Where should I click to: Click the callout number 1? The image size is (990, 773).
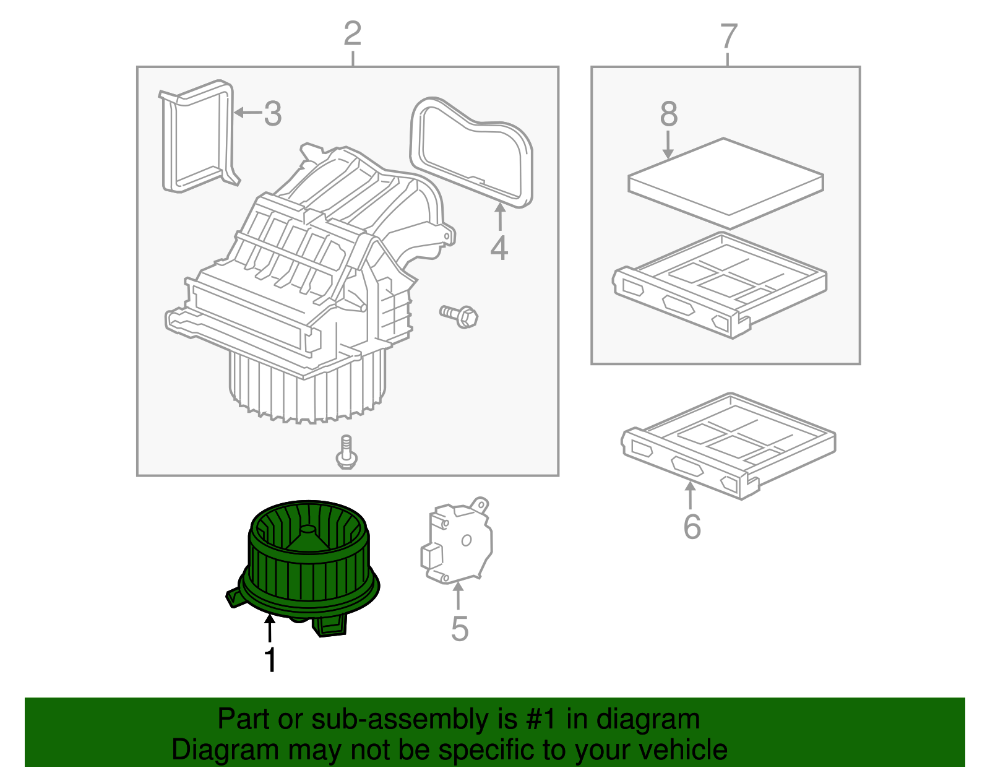coord(270,660)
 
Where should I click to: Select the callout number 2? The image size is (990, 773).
coord(352,34)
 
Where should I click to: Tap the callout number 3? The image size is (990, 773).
coord(273,114)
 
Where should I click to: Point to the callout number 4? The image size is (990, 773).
coord(499,248)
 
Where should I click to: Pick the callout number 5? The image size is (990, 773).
coord(459,629)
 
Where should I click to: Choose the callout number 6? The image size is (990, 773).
coord(692,527)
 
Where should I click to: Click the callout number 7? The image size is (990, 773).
coord(729,37)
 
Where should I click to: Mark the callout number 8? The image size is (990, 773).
coord(669,114)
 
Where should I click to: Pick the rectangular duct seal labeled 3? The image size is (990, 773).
coord(198,136)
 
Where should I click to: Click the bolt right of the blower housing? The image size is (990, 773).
coord(459,316)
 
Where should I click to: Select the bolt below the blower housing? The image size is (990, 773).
coord(346,452)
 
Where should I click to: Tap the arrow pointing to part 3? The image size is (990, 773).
coord(248,113)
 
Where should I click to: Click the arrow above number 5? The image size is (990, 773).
coord(458,597)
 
